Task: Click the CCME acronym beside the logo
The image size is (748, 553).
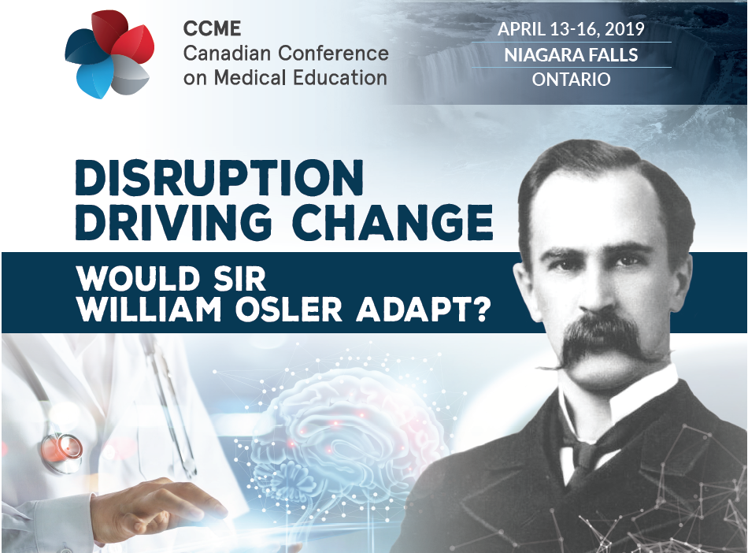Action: tap(212, 28)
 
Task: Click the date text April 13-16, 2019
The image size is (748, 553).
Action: tap(571, 29)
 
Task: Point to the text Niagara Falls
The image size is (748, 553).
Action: tap(571, 55)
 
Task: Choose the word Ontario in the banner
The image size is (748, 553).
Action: tap(571, 80)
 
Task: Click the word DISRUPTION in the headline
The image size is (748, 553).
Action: tap(220, 177)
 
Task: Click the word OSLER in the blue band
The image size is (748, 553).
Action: tap(289, 310)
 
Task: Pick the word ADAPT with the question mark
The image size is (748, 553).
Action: tap(423, 310)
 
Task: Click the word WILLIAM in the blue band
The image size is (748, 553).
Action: tap(150, 310)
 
